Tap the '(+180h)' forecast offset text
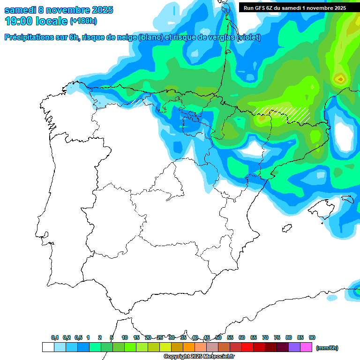tap(83, 22)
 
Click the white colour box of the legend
tap(48, 347)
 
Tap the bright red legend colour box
tap(247, 347)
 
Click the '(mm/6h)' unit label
tap(327, 348)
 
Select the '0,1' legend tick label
tap(55, 337)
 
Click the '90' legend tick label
tap(312, 337)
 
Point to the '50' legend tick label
tap(218, 337)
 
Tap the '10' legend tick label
tap(125, 337)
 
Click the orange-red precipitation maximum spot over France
tap(339, 79)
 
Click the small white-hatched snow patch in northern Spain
tap(137, 102)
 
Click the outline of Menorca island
tap(347, 199)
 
